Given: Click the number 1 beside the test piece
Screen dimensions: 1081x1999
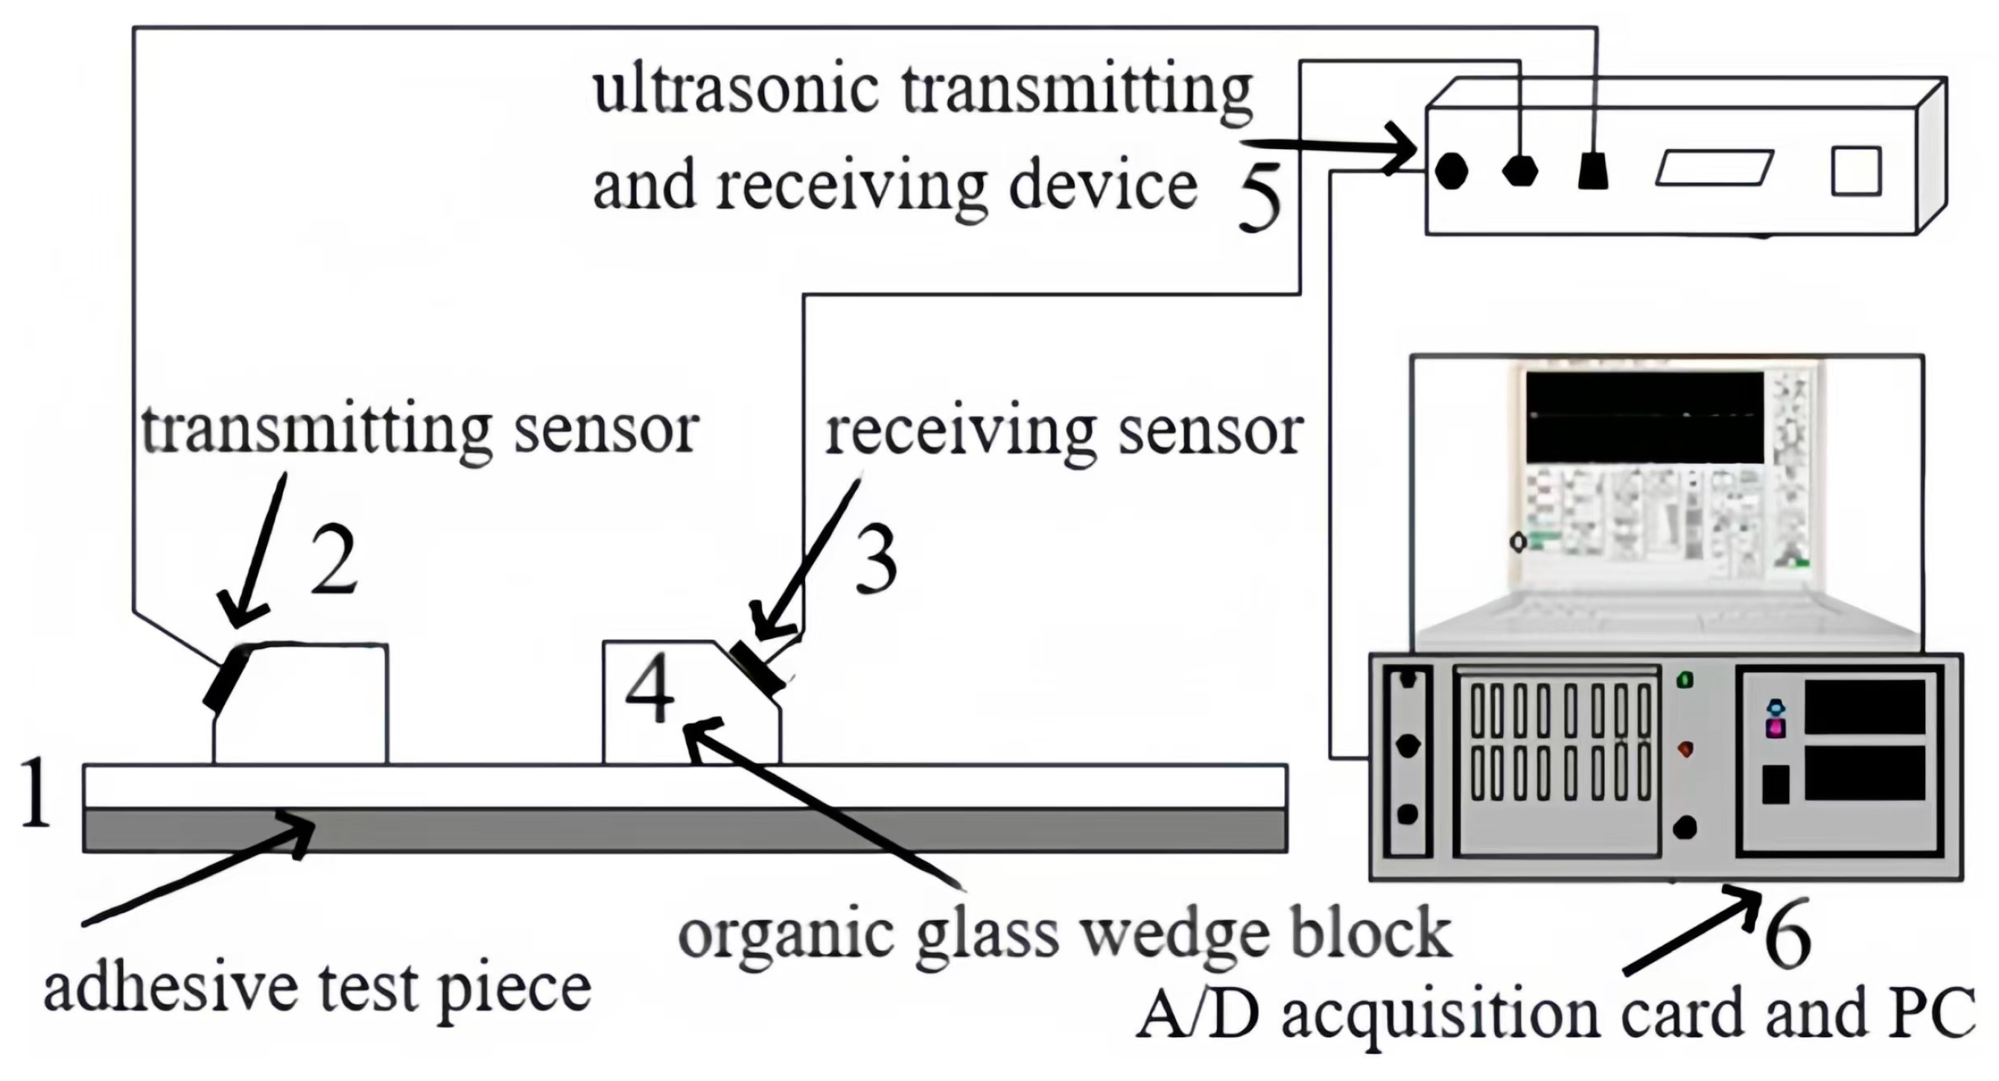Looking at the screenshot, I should (34, 793).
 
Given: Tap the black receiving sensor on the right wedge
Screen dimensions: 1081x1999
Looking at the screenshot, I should (758, 668).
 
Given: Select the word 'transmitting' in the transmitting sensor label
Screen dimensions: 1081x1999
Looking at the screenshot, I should (316, 431).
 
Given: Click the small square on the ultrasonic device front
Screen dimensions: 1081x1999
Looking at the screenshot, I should (1856, 171).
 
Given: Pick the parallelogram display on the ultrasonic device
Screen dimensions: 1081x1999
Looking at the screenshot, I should (1714, 168).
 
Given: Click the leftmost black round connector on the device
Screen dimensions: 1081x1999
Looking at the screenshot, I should (1451, 170).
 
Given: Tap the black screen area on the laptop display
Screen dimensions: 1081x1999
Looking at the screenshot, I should (1644, 417).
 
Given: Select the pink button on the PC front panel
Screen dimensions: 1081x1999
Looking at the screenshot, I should (1776, 728).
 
